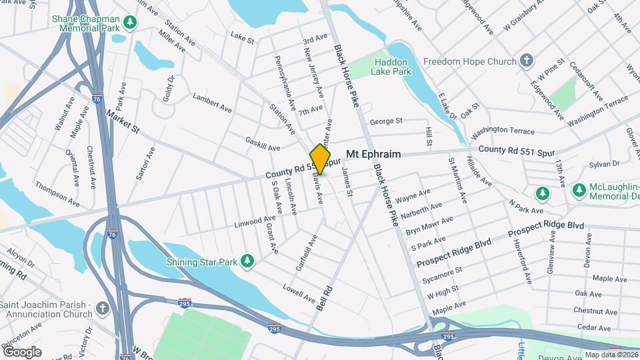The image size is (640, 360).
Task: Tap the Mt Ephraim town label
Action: [373, 154]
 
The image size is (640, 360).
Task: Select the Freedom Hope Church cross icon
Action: [527, 61]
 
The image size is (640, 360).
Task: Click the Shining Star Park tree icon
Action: [248, 261]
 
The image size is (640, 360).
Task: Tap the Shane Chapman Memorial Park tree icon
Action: [131, 23]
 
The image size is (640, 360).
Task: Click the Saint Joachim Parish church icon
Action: [101, 309]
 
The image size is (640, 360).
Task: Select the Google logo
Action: [22, 351]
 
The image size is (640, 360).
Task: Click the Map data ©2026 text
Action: [611, 355]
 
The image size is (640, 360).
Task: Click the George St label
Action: [386, 121]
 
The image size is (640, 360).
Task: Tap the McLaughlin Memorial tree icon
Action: [543, 193]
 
